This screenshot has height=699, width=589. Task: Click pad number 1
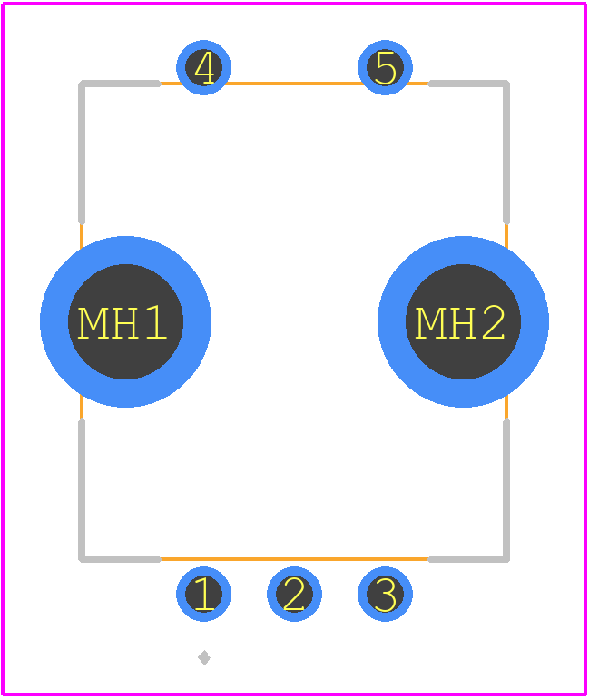pyautogui.click(x=203, y=594)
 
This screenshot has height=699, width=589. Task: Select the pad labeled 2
pyautogui.click(x=294, y=594)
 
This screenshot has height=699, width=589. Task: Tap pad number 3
pyautogui.click(x=385, y=594)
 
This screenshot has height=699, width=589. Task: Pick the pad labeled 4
pyautogui.click(x=203, y=67)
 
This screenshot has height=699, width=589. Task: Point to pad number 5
pyautogui.click(x=385, y=67)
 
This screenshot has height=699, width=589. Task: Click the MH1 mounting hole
pyautogui.click(x=125, y=321)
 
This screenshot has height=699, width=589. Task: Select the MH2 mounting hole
pyautogui.click(x=463, y=321)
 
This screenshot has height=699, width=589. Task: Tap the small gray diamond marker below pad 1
pyautogui.click(x=204, y=657)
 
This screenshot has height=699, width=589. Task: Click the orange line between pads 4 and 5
pyautogui.click(x=294, y=84)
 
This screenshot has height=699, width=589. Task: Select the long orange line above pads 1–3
pyautogui.click(x=294, y=559)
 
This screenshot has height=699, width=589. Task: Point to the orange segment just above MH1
pyautogui.click(x=82, y=236)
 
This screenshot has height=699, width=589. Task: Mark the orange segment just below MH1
pyautogui.click(x=82, y=407)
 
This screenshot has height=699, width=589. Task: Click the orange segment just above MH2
pyautogui.click(x=506, y=236)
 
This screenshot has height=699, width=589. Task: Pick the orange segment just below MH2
pyautogui.click(x=506, y=407)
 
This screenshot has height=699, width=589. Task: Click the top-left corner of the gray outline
pyautogui.click(x=82, y=84)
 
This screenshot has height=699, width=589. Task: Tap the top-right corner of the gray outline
pyautogui.click(x=506, y=84)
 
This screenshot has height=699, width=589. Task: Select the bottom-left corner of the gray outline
pyautogui.click(x=82, y=559)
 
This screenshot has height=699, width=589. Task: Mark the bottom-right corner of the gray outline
pyautogui.click(x=506, y=559)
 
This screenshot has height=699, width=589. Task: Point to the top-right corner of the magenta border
pyautogui.click(x=584, y=4)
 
